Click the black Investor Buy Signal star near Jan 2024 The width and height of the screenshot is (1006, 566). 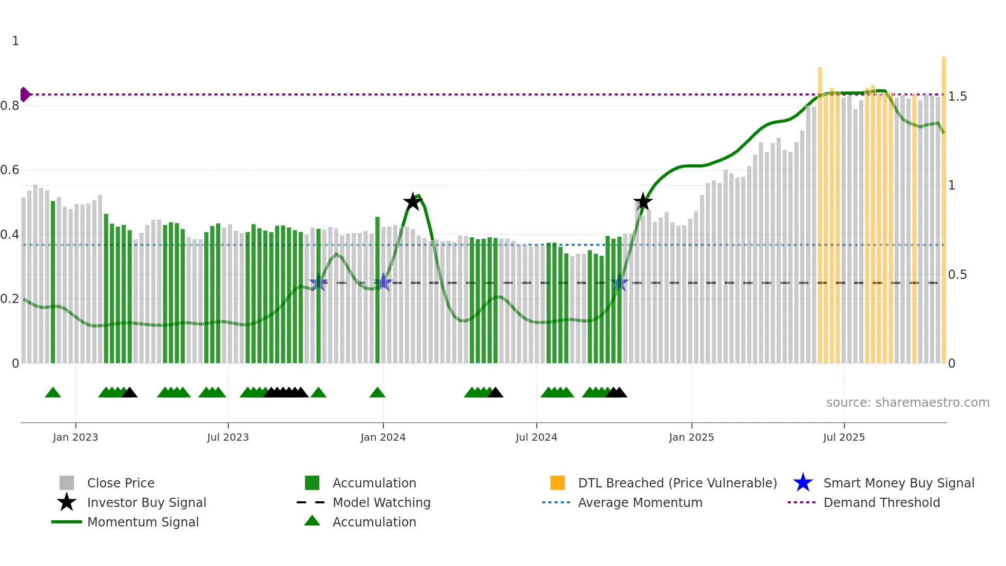(x=412, y=202)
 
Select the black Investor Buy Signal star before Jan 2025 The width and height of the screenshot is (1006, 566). (x=643, y=202)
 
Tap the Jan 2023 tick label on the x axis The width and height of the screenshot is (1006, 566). (x=75, y=437)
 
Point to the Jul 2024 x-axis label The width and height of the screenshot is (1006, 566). (x=536, y=437)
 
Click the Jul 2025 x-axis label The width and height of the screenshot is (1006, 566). (x=844, y=437)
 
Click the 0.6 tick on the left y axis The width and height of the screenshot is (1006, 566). (x=10, y=170)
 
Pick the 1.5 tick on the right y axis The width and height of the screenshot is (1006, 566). (x=957, y=97)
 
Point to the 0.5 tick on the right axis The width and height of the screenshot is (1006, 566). (x=957, y=275)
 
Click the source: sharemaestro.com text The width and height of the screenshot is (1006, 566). (x=907, y=403)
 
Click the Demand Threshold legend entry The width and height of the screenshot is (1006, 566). (x=881, y=503)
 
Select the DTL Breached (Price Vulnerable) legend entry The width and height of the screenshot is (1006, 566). (x=677, y=483)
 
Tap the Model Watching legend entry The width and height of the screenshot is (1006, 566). (x=381, y=503)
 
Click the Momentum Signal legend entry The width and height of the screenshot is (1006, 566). (x=143, y=522)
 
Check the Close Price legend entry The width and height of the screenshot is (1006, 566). (x=121, y=483)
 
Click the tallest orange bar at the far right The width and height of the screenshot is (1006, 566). (x=943, y=205)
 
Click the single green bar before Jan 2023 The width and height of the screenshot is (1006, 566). (x=53, y=282)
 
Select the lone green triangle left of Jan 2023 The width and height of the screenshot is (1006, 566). (x=53, y=393)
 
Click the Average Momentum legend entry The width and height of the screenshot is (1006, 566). (x=640, y=503)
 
